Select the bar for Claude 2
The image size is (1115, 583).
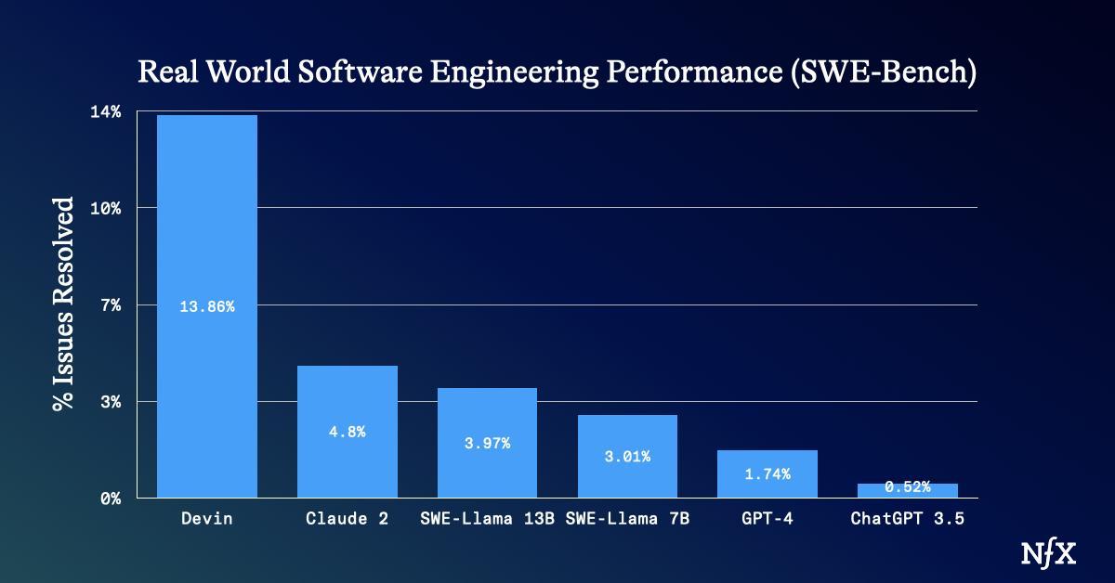pyautogui.click(x=347, y=399)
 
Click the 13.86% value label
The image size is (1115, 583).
pyautogui.click(x=206, y=307)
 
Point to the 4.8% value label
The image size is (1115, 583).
pyautogui.click(x=347, y=432)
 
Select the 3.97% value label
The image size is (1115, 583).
pyautogui.click(x=487, y=443)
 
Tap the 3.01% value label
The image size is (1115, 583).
pyautogui.click(x=627, y=456)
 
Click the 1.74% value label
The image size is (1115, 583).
pyautogui.click(x=767, y=473)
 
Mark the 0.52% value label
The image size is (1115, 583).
pyautogui.click(x=907, y=486)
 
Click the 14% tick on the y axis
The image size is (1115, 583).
pyautogui.click(x=104, y=112)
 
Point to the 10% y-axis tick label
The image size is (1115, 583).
pyautogui.click(x=104, y=208)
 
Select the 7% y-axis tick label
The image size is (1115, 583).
pyautogui.click(x=110, y=304)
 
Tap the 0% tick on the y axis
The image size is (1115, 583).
pyautogui.click(x=110, y=499)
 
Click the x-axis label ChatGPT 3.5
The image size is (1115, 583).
pyautogui.click(x=907, y=519)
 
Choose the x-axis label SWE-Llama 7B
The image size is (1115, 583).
pyautogui.click(x=627, y=519)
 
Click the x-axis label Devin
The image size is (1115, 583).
pyautogui.click(x=206, y=519)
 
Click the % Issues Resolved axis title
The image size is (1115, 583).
pyautogui.click(x=62, y=304)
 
